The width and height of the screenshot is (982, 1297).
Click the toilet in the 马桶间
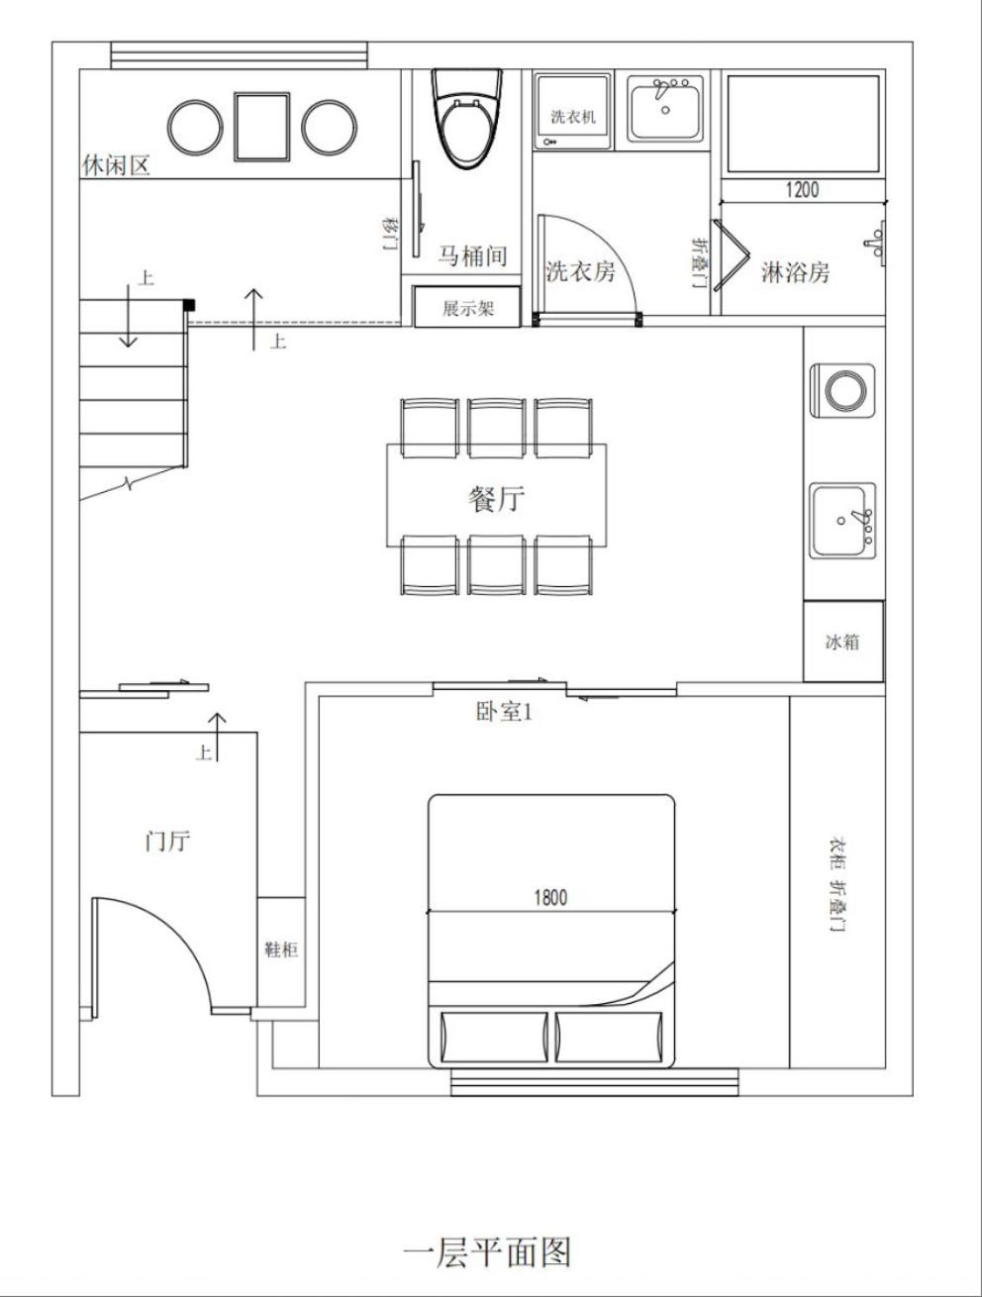[x=466, y=118]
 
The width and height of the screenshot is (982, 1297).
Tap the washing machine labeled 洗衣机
[x=572, y=111]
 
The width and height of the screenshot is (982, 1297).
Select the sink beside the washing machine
[x=666, y=108]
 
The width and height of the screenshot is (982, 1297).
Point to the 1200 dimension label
[x=803, y=190]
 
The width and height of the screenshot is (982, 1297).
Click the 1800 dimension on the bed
[x=550, y=898]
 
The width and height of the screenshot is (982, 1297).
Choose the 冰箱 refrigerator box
[x=843, y=642]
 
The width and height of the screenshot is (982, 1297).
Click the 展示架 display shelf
[x=467, y=307]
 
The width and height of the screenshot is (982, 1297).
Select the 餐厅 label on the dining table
[x=496, y=499]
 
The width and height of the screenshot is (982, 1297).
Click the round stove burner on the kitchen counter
[x=845, y=390]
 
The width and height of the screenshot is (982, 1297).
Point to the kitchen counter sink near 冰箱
[x=843, y=521]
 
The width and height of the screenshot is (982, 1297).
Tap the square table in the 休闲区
[x=261, y=127]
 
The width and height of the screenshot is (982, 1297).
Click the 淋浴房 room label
[x=795, y=272]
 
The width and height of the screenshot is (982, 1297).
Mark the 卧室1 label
[x=504, y=712]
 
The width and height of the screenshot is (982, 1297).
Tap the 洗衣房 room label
[x=580, y=271]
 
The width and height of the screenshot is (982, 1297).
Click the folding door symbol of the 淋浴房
[x=731, y=255]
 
